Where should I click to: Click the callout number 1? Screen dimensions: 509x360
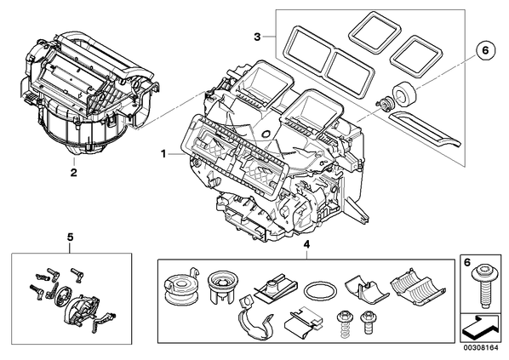(163, 153)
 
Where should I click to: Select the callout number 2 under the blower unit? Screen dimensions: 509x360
(74, 172)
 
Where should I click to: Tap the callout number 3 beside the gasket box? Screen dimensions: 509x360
(257, 37)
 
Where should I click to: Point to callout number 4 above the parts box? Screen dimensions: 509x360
(306, 243)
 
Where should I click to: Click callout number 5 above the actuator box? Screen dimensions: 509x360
(70, 237)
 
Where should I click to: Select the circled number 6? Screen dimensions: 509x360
(485, 50)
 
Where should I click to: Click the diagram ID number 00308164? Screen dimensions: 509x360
(481, 348)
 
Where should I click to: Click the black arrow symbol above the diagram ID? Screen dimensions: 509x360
(481, 329)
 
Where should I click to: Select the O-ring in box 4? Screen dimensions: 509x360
(320, 290)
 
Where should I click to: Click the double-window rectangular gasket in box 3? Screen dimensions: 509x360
(328, 62)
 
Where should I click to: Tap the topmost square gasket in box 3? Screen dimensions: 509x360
(374, 33)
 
